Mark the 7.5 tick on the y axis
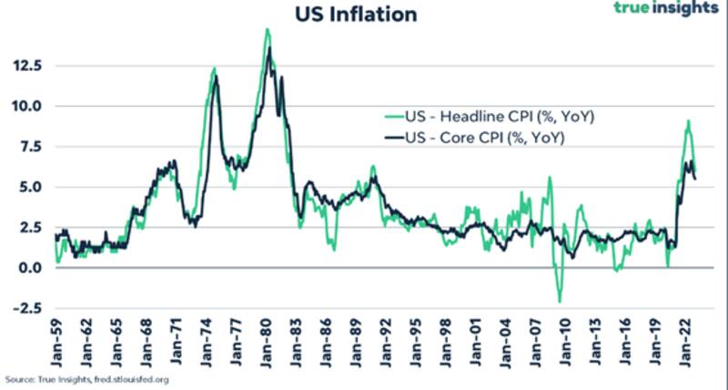28,147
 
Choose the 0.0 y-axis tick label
28,268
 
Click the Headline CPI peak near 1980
267,29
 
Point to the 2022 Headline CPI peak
688,121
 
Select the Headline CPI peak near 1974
214,68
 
